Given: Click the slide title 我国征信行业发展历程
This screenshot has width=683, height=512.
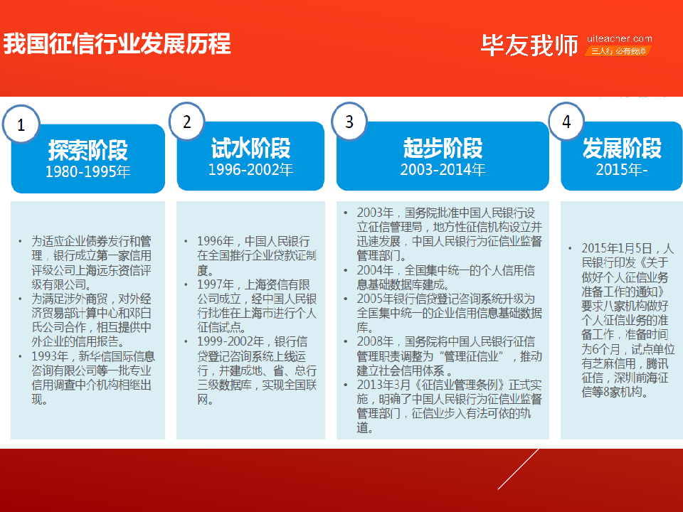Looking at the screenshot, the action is (x=117, y=44).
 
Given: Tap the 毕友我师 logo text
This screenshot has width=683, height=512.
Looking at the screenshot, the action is (x=529, y=46).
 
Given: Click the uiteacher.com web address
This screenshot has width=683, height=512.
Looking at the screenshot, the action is (x=620, y=38).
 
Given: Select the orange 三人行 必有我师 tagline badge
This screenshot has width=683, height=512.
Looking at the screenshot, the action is (x=618, y=51).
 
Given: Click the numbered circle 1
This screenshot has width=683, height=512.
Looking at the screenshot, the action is (x=21, y=124).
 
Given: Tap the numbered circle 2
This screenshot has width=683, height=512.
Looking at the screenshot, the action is (x=187, y=122).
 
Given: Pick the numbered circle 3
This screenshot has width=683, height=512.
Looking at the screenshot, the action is (x=349, y=122).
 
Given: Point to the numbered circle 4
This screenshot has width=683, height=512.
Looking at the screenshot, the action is (x=566, y=122).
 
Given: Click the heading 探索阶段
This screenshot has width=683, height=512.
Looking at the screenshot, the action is (x=88, y=150).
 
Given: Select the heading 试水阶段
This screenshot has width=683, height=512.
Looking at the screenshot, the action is (x=250, y=148).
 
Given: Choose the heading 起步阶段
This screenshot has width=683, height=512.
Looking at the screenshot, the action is (x=443, y=148).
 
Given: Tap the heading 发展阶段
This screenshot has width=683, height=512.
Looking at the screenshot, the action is (x=622, y=148).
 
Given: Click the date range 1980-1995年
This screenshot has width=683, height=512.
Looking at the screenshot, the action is (x=88, y=171).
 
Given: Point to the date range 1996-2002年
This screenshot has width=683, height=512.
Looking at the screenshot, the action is (x=250, y=169).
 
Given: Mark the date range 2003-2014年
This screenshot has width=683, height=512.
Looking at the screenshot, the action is (x=443, y=169).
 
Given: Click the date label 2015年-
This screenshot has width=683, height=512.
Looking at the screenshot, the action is (x=622, y=169).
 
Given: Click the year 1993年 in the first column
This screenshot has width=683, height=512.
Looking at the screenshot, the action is (x=50, y=356).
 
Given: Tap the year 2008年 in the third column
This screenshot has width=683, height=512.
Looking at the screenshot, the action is (x=375, y=342).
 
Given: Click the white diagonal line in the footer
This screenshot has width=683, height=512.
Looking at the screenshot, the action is (x=519, y=469).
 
